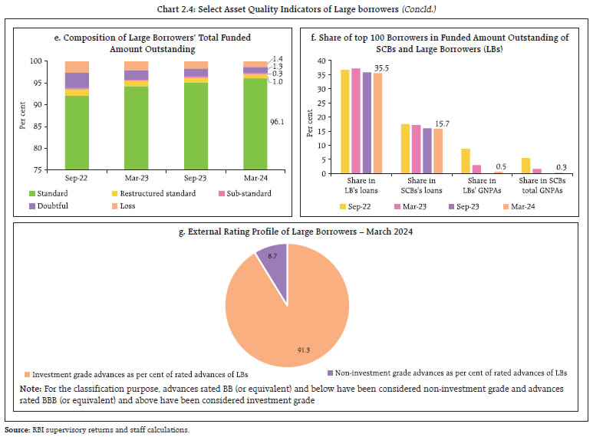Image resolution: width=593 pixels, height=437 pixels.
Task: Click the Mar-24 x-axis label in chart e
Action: [255, 177]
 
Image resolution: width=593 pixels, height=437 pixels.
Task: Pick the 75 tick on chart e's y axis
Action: [44, 169]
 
